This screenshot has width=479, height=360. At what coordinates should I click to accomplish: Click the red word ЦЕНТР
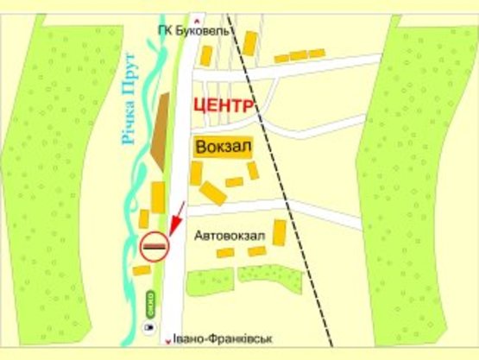click(x=224, y=106)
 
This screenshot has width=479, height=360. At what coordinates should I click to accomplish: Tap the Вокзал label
click(x=224, y=148)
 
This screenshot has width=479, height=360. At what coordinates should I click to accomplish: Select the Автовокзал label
click(x=226, y=234)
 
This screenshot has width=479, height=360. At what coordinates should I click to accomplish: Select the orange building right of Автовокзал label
click(x=279, y=232)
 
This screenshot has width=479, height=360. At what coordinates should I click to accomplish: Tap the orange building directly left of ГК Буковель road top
click(x=206, y=56)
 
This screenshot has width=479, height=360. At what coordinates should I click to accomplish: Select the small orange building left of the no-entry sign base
click(x=141, y=270)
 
